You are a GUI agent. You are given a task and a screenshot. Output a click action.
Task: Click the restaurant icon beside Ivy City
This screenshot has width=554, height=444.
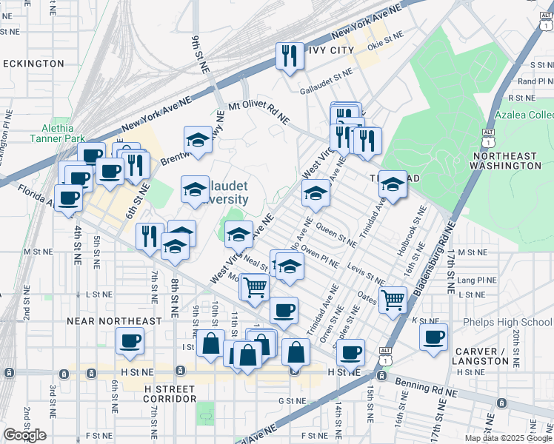click(287, 55)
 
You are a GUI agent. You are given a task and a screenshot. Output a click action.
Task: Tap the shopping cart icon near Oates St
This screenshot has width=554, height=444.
click(392, 299)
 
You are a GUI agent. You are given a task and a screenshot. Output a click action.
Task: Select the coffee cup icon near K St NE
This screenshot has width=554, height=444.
click(433, 336)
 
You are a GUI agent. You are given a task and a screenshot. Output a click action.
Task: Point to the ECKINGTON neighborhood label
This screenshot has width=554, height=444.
click(33, 64)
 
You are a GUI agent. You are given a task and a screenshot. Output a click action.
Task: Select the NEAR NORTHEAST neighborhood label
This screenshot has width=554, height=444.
click(103, 321)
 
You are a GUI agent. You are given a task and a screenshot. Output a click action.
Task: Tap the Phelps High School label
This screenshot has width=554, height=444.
click(507, 322)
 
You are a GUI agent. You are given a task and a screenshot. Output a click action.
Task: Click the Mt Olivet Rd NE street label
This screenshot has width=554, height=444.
click(258, 112)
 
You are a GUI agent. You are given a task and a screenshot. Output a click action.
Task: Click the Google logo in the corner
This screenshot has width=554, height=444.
click(24, 435)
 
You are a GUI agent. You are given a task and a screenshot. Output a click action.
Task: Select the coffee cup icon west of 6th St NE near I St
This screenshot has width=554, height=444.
click(130, 340)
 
